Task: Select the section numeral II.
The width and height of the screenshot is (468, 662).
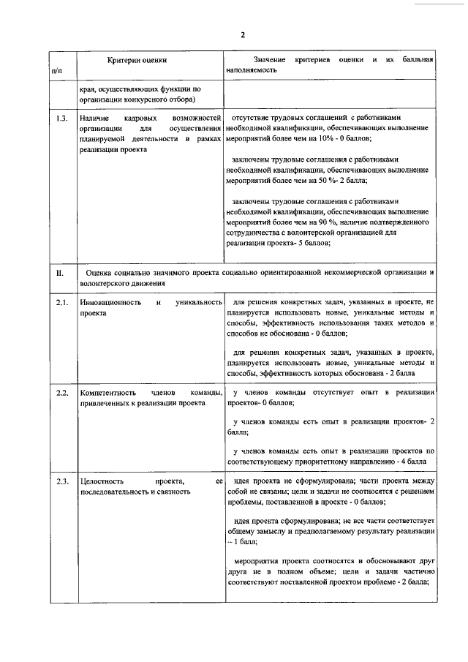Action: tap(61, 272)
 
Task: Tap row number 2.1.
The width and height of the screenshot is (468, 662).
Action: tap(62, 302)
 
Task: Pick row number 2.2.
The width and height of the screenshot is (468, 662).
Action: tap(62, 392)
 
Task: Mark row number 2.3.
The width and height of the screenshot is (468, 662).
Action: tap(62, 481)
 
